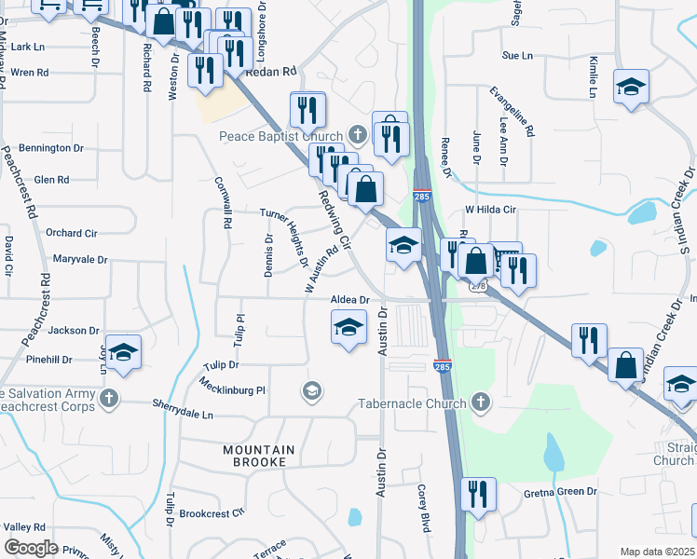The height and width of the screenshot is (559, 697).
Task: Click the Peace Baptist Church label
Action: (x=280, y=137)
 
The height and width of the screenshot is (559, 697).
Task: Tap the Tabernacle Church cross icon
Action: (x=481, y=402)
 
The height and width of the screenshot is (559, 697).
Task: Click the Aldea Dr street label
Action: (x=350, y=300)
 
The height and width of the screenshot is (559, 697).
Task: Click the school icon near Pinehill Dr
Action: (x=123, y=353)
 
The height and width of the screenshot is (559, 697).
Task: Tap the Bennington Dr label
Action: (x=51, y=148)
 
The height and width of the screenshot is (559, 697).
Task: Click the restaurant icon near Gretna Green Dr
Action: (x=478, y=495)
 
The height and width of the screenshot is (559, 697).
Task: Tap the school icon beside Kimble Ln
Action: (x=632, y=88)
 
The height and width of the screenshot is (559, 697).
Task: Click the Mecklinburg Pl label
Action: (x=233, y=390)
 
